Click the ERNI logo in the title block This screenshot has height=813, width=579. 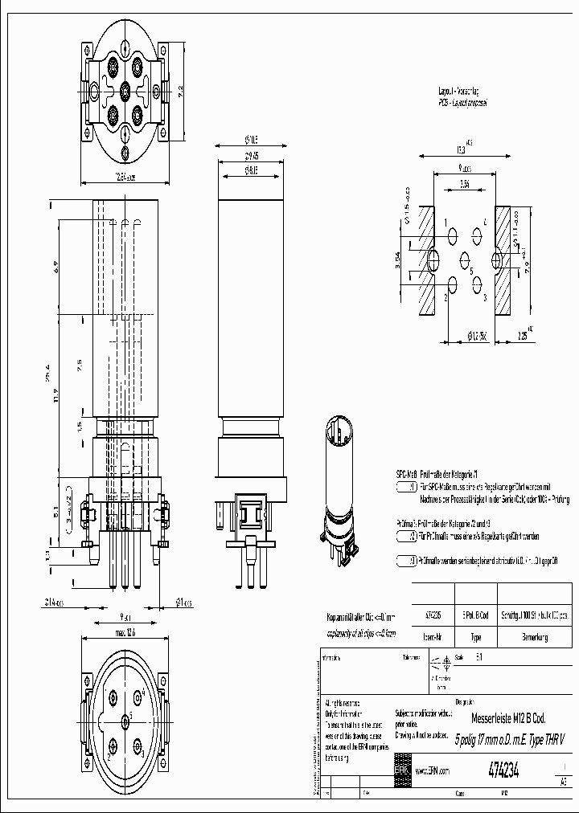click(x=401, y=769)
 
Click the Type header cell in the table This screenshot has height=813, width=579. click(x=475, y=637)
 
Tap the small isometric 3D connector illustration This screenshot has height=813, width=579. click(x=340, y=490)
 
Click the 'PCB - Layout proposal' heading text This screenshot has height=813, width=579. click(x=462, y=104)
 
